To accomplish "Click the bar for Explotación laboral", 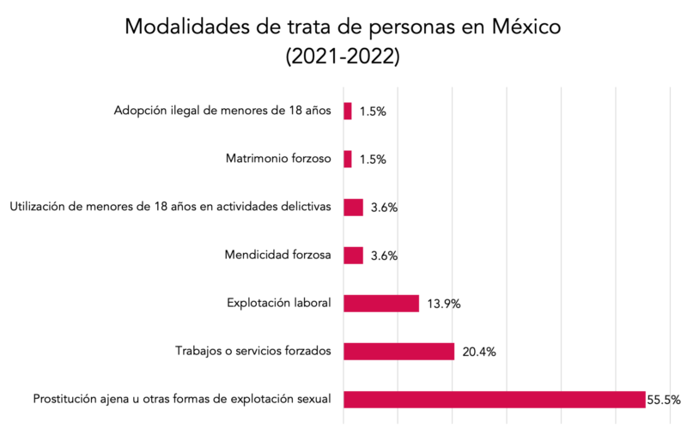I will tap(381, 304).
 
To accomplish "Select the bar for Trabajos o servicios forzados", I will tap(398, 352).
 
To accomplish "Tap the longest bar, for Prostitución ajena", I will tap(494, 400).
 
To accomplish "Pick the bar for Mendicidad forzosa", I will tap(353, 256).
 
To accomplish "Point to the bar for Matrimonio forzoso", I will tap(348, 160).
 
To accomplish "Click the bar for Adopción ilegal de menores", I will tap(348, 112).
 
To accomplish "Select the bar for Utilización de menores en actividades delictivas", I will tap(353, 208).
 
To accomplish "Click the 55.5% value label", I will tap(665, 400).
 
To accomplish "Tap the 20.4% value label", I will tap(478, 352).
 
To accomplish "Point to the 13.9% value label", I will tap(443, 304).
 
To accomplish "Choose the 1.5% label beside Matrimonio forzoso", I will tap(373, 160).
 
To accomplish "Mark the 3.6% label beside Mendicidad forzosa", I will tap(384, 256).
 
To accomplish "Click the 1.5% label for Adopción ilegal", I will tap(373, 112).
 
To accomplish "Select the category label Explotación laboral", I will tap(278, 303).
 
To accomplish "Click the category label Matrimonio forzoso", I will tap(277, 159).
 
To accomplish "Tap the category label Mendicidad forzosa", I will tap(277, 255).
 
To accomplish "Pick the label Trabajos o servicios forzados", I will tap(252, 351).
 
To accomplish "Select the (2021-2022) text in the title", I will tap(343, 57).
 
